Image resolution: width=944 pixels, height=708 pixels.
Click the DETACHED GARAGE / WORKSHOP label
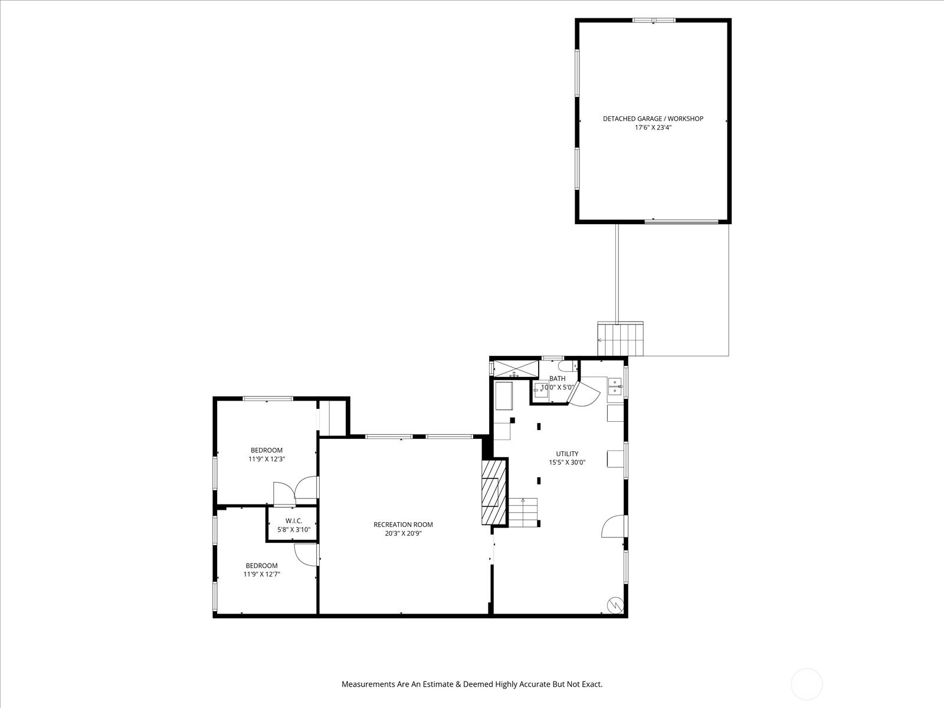pos(653,119)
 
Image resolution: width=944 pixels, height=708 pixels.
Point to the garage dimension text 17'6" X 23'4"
pos(653,127)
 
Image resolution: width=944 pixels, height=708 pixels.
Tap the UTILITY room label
pos(567,454)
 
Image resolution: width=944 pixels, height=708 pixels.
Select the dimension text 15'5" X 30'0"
pos(567,463)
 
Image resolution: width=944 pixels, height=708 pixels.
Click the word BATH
pos(558,379)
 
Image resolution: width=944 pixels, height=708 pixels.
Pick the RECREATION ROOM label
pos(403,525)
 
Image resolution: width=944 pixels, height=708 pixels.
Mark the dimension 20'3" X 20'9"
pos(403,533)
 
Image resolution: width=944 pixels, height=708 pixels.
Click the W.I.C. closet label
pos(294,521)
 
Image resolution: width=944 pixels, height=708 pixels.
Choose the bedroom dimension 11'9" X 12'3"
pos(267,459)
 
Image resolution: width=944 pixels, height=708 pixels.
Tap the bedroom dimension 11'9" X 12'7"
pos(261,574)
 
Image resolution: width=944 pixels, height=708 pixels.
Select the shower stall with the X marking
pos(516,369)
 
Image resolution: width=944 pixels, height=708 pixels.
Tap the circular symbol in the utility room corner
pos(615,605)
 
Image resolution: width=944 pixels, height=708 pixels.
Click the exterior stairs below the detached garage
pos(620,339)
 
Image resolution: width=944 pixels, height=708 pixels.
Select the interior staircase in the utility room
pos(523,512)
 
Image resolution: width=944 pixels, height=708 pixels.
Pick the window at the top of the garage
pos(654,20)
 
